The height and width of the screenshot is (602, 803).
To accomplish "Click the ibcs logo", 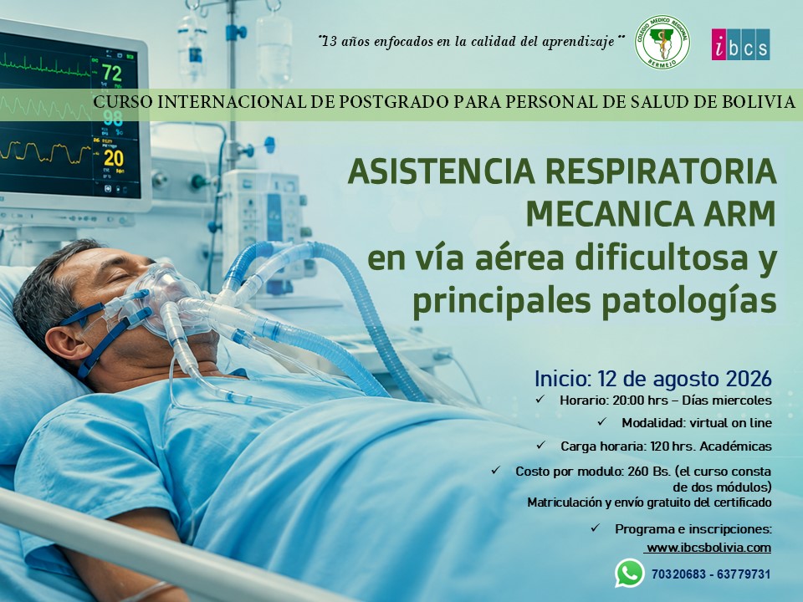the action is coord(740,44).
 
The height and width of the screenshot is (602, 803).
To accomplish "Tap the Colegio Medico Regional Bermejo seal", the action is coord(662,42).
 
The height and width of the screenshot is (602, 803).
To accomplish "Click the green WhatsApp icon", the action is coord(629,574).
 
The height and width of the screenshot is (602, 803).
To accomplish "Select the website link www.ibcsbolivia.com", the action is coord(708,547).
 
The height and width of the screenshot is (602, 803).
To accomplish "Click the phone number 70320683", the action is coord(678,574).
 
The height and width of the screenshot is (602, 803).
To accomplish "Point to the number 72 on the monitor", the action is coord(111,73).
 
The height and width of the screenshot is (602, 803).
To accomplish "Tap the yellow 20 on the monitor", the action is coord(113,158).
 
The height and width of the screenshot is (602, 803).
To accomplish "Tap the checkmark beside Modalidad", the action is coord(601,421).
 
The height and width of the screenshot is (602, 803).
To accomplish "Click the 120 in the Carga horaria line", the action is coord(660,446).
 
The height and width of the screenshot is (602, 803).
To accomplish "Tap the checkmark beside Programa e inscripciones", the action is coord(595,528).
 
